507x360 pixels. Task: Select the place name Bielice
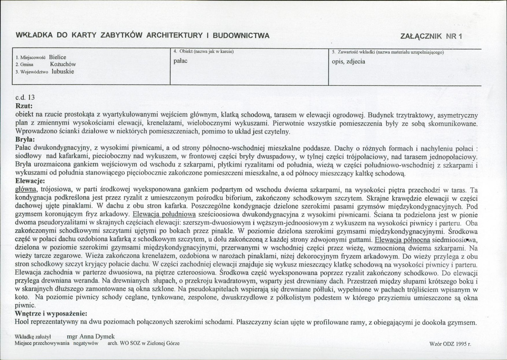[x=58, y=57]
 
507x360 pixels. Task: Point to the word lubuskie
[x=63, y=71]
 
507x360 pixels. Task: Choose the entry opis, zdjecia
[x=349, y=61]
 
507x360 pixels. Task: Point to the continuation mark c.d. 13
[x=25, y=97]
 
